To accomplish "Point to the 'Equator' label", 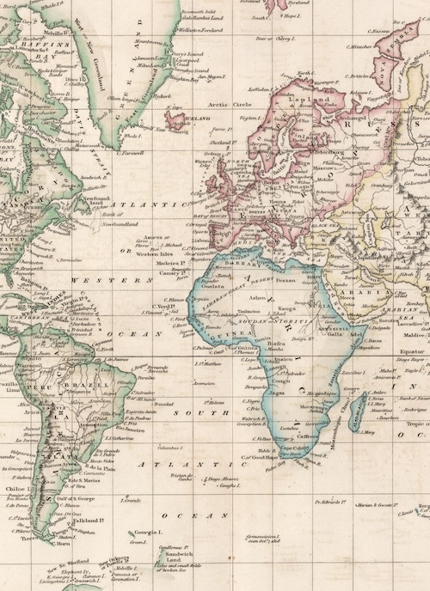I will [x=410, y=350].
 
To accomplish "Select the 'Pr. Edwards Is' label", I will [x=331, y=500].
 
